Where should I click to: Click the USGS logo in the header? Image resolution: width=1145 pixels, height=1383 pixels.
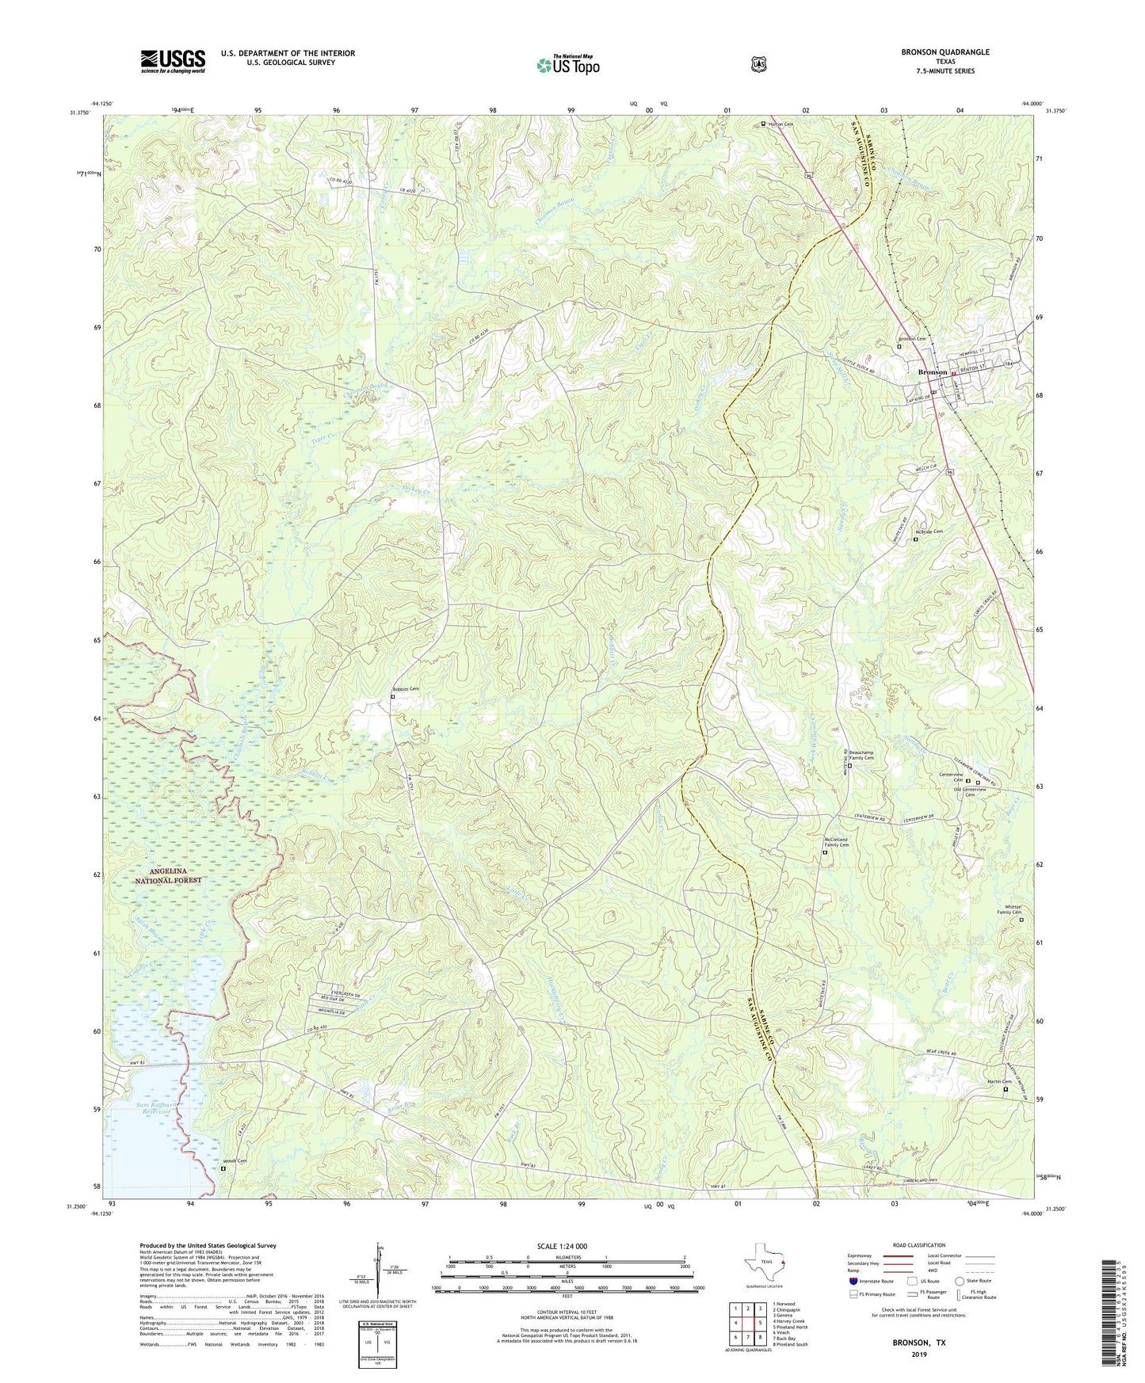[x=173, y=61]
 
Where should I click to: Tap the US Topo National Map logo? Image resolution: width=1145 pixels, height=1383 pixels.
[x=567, y=64]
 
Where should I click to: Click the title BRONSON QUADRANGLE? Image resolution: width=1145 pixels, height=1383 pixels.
[x=945, y=52]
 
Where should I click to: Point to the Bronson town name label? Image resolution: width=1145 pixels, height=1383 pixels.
[x=932, y=372]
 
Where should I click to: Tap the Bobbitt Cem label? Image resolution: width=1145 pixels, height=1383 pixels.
[x=406, y=690]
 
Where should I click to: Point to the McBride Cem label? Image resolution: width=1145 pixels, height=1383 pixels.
[x=929, y=531]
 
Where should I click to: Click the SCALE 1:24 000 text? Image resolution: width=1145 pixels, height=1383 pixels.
[x=562, y=1247]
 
